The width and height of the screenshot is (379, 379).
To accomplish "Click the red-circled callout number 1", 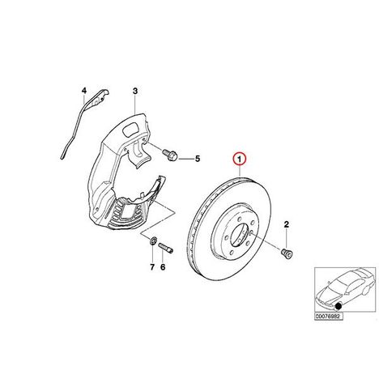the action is point(240,159).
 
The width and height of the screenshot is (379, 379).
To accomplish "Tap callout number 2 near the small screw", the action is point(286,224).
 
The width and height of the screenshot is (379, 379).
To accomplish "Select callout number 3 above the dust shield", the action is point(135,91).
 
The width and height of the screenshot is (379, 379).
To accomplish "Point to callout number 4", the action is point(84,91).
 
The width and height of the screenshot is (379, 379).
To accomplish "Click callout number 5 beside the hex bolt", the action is point(198,159).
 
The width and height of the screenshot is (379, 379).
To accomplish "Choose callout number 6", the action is point(163,267).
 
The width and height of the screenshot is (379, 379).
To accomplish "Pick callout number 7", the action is point(152,267).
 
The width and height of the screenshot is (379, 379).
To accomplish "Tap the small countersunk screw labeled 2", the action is point(287,253).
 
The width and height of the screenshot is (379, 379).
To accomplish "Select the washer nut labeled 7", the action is point(153,240).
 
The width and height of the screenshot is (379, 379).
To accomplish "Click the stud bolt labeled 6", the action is point(165,248).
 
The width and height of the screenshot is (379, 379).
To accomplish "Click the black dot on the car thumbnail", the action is point(338,306).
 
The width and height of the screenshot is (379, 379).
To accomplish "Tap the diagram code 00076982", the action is point(329,317).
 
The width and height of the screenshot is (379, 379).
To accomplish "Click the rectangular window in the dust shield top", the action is point(130,129).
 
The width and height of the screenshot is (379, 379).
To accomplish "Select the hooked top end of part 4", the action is point(104,92).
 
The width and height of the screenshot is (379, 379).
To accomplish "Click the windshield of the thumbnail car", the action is point(338,286).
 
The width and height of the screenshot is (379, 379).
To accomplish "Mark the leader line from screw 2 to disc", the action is point(266,241).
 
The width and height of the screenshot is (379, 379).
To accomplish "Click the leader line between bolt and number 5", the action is point(186,159).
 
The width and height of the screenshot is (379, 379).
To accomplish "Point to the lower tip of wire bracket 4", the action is point(62,157).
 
